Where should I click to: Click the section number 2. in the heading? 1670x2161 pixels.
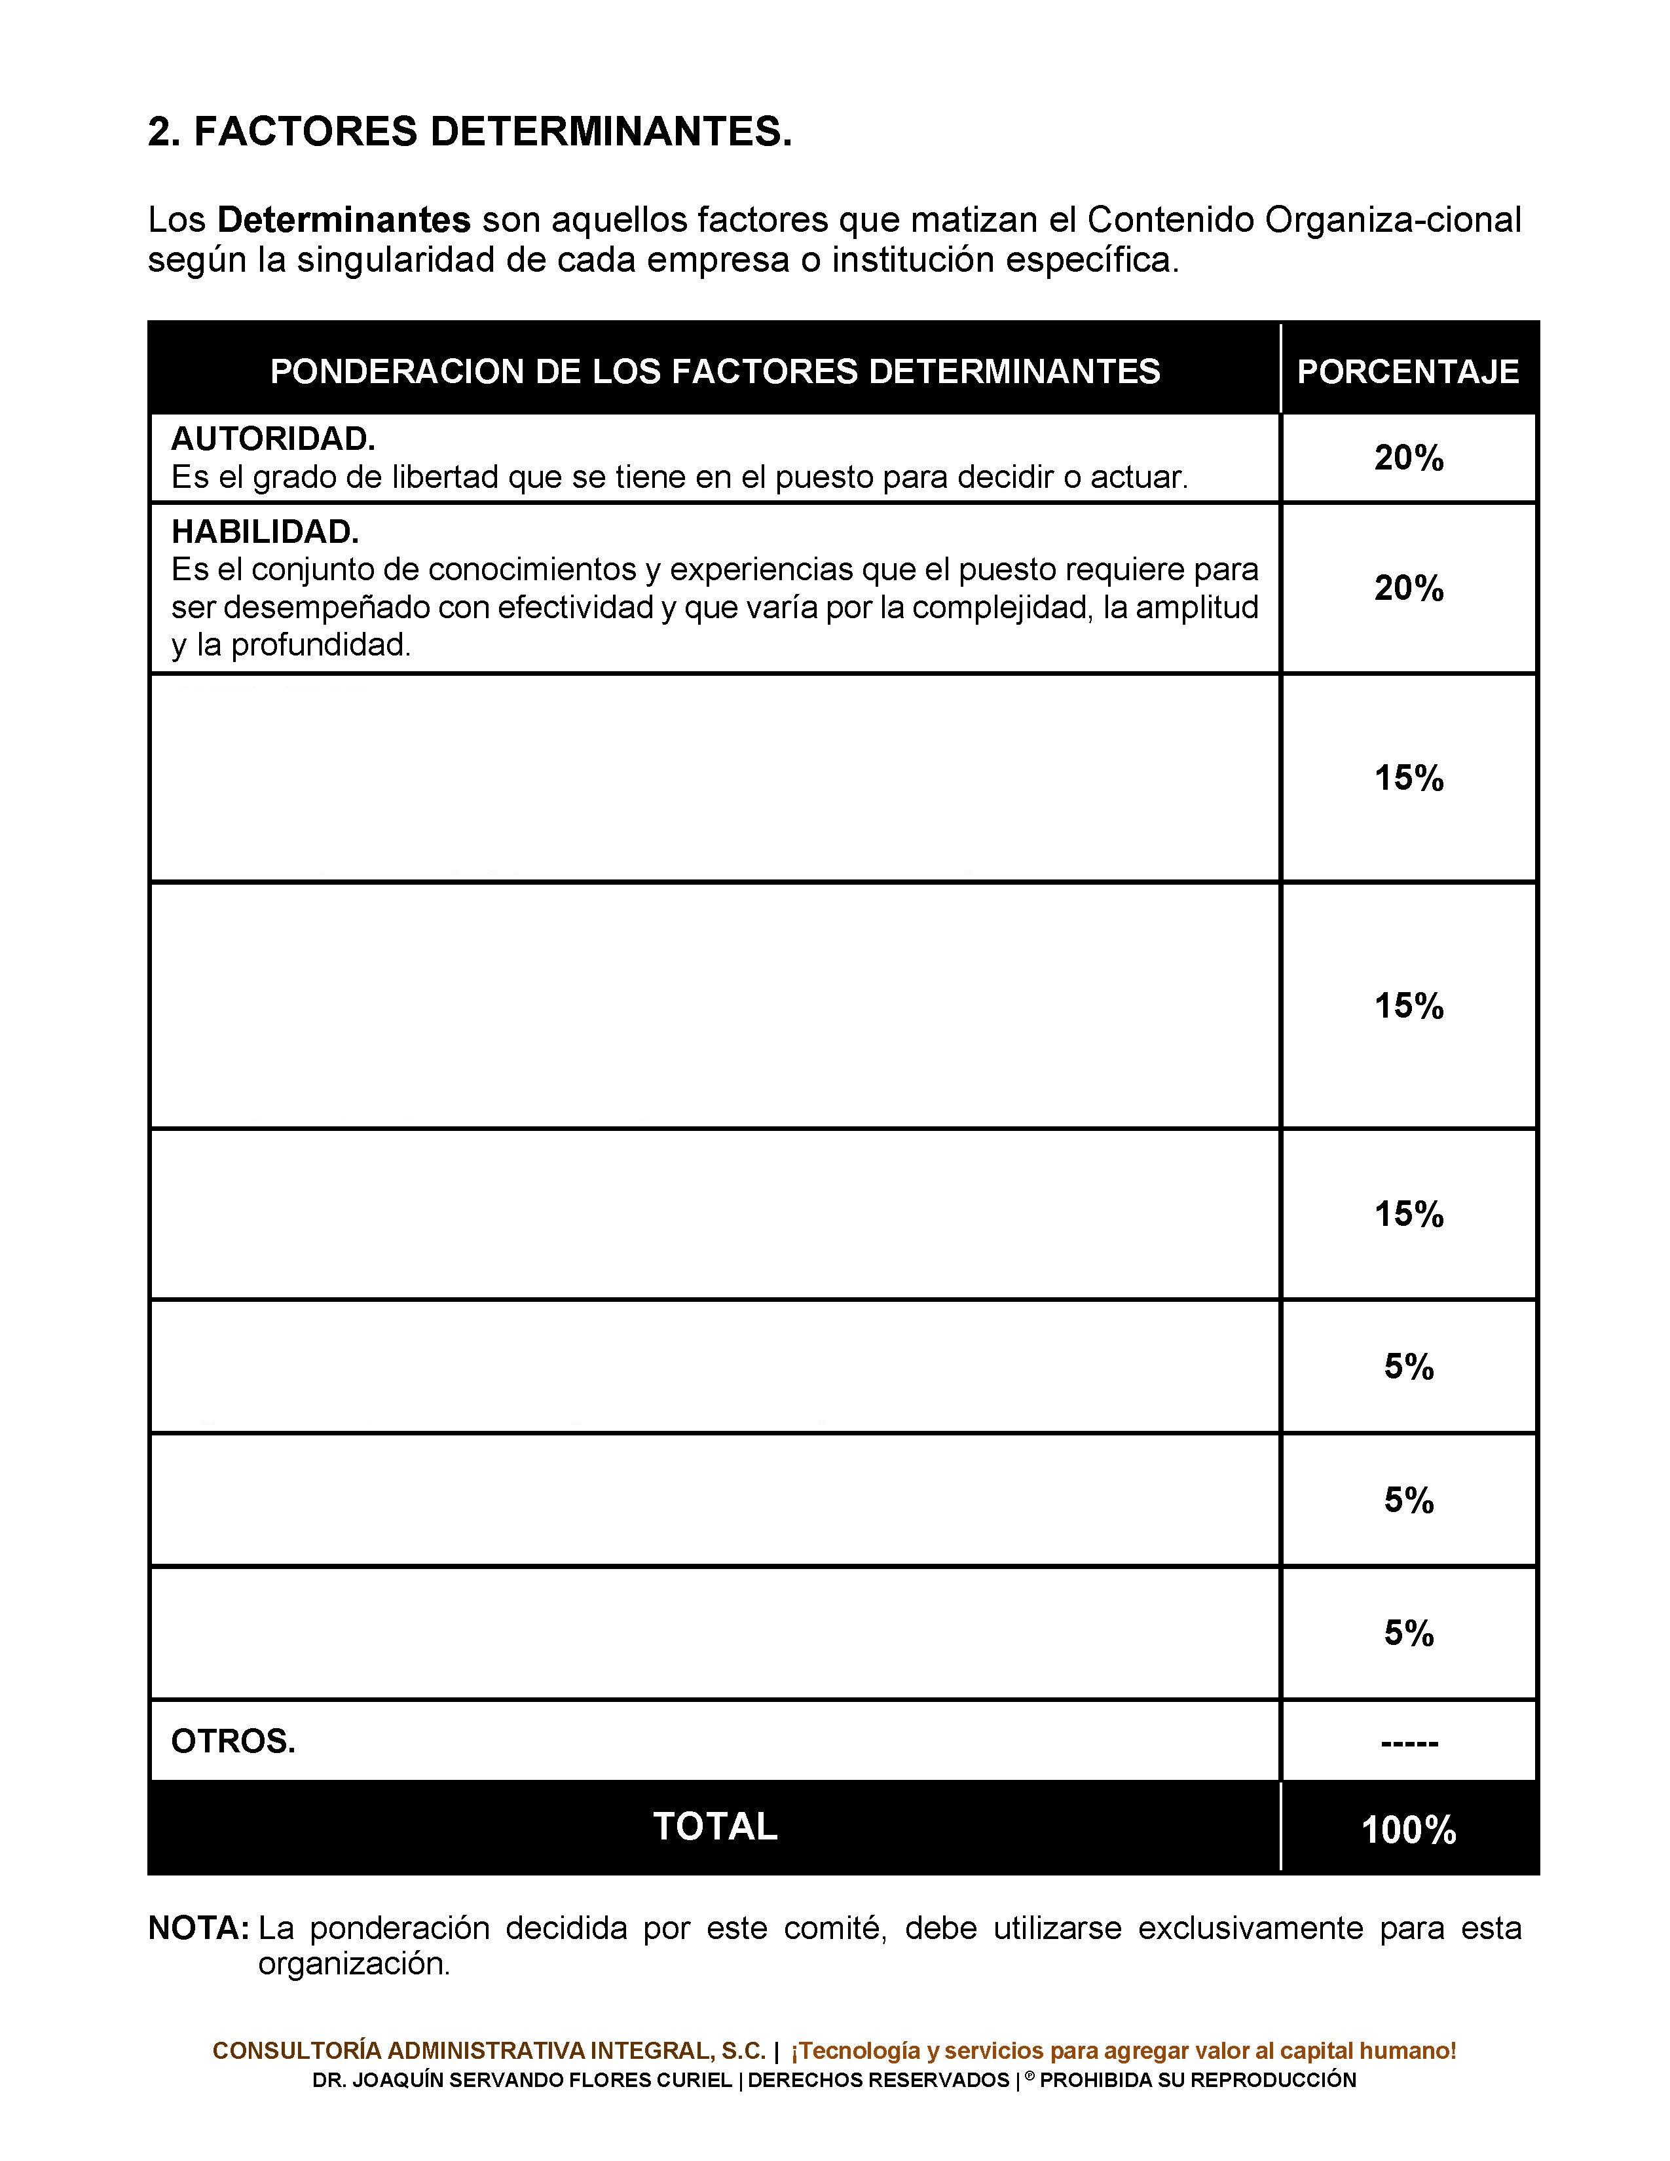point(164,132)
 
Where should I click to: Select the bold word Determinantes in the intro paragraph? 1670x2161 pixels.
point(343,219)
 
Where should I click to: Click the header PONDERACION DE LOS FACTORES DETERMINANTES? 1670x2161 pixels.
point(714,371)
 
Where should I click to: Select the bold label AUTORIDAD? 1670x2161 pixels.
point(273,438)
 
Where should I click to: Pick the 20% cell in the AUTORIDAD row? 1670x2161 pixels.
point(1408,458)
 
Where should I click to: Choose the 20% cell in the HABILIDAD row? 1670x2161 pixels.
point(1408,589)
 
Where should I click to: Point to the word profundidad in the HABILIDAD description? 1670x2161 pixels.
point(320,645)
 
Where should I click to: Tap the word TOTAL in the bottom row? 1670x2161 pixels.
point(714,1826)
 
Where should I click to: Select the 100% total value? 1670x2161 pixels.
point(1408,1830)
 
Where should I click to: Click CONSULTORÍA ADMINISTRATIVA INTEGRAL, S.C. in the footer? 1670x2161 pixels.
point(489,2051)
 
